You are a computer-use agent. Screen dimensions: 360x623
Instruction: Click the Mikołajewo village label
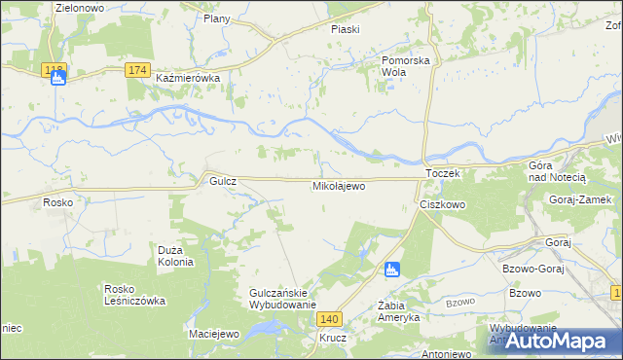(339, 185)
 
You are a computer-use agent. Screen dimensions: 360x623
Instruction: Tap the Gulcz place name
(215, 181)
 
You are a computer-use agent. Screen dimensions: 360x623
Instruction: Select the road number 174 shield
(137, 70)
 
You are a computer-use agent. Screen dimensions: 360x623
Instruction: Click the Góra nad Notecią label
(556, 172)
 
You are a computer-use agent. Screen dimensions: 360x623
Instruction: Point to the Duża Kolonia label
(176, 256)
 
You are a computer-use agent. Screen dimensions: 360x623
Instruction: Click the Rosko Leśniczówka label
(135, 295)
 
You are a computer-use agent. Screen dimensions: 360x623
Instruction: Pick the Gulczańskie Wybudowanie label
(283, 299)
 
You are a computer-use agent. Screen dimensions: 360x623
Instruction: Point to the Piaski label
(345, 29)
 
